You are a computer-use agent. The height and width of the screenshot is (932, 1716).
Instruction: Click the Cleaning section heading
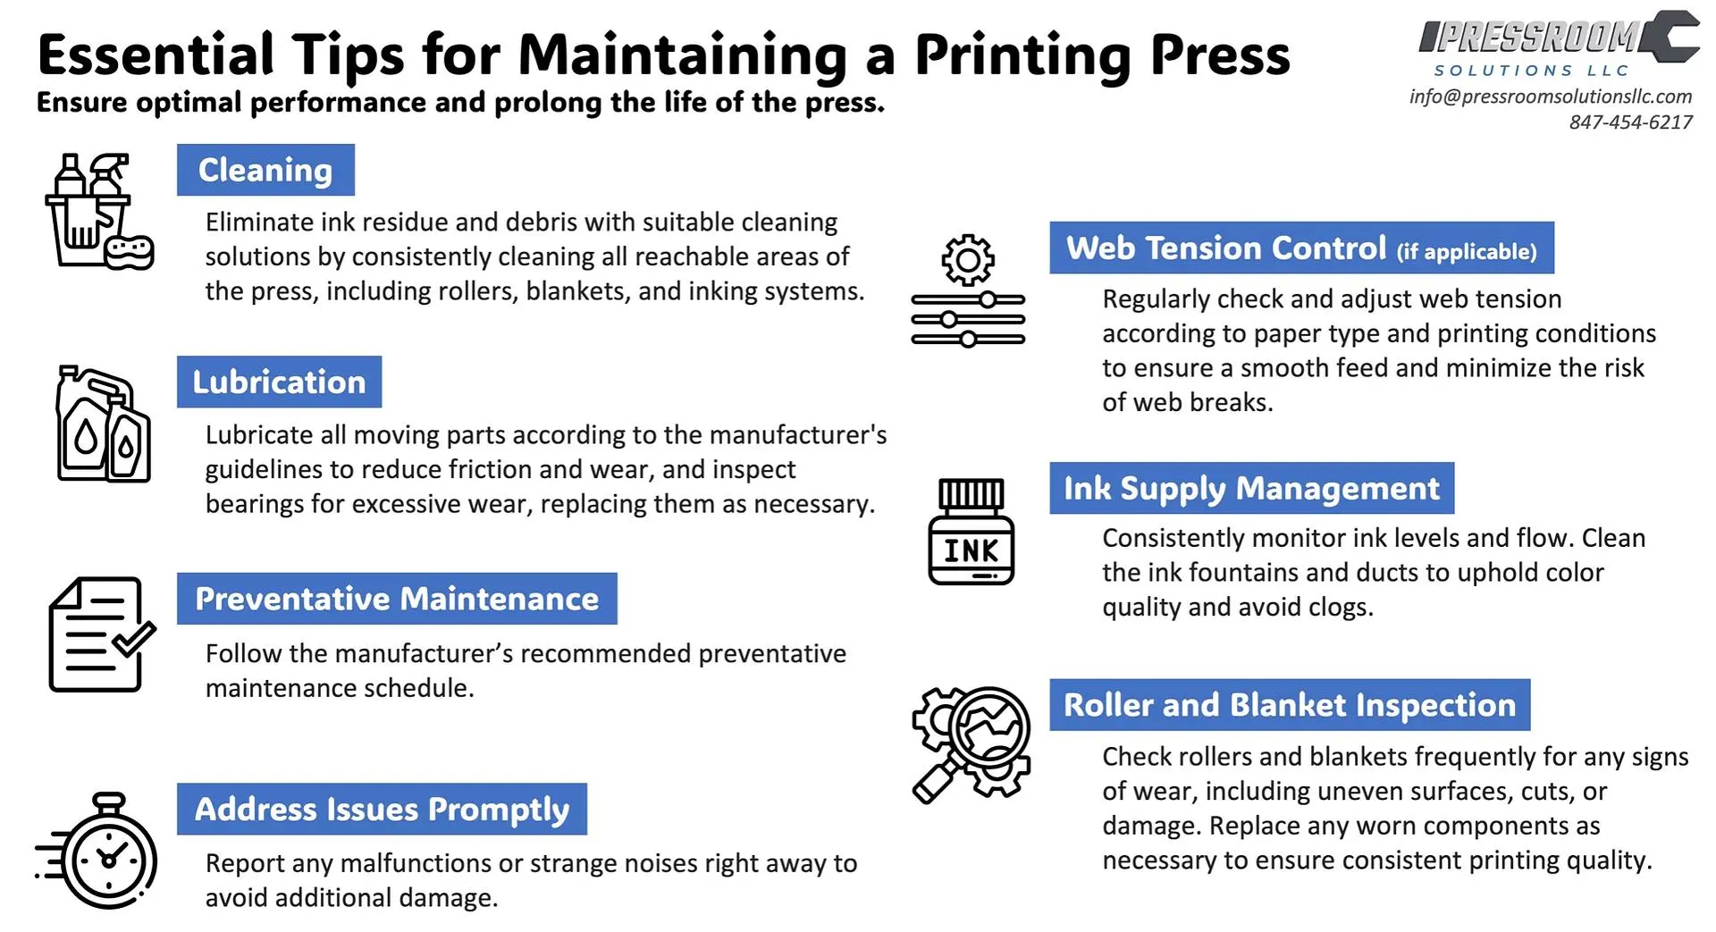[265, 170]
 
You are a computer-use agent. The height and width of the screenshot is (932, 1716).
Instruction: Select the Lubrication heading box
[279, 382]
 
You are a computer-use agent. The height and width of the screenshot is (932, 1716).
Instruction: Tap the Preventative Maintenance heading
[397, 598]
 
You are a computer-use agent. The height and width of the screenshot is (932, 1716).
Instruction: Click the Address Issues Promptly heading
[382, 809]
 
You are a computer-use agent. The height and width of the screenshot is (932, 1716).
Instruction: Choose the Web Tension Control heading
[1301, 248]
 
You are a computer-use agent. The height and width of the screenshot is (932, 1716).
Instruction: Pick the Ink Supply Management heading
[1251, 488]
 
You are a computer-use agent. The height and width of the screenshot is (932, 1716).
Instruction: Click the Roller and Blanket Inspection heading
[1289, 704]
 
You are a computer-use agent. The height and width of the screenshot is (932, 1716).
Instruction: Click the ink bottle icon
[971, 532]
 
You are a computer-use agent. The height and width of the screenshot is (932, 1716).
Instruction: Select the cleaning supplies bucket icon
[97, 212]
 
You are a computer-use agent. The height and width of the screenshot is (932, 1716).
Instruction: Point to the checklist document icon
[98, 634]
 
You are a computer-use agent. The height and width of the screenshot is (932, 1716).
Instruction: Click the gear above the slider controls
[967, 260]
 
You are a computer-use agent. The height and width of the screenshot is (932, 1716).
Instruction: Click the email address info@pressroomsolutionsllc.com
[1550, 97]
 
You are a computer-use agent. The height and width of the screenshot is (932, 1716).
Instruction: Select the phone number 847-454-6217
[1630, 122]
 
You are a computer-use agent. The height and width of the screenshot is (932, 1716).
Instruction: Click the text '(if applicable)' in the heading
[1467, 252]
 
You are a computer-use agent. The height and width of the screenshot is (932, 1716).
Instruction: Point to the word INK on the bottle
[971, 550]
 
